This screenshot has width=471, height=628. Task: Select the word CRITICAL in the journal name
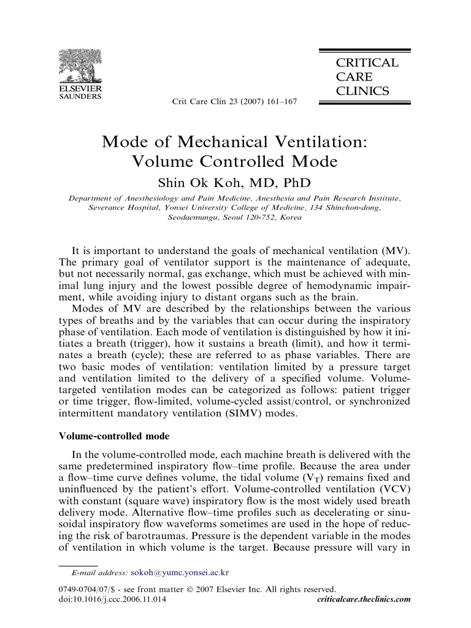(366, 63)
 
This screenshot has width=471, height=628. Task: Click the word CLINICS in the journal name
(362, 91)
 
